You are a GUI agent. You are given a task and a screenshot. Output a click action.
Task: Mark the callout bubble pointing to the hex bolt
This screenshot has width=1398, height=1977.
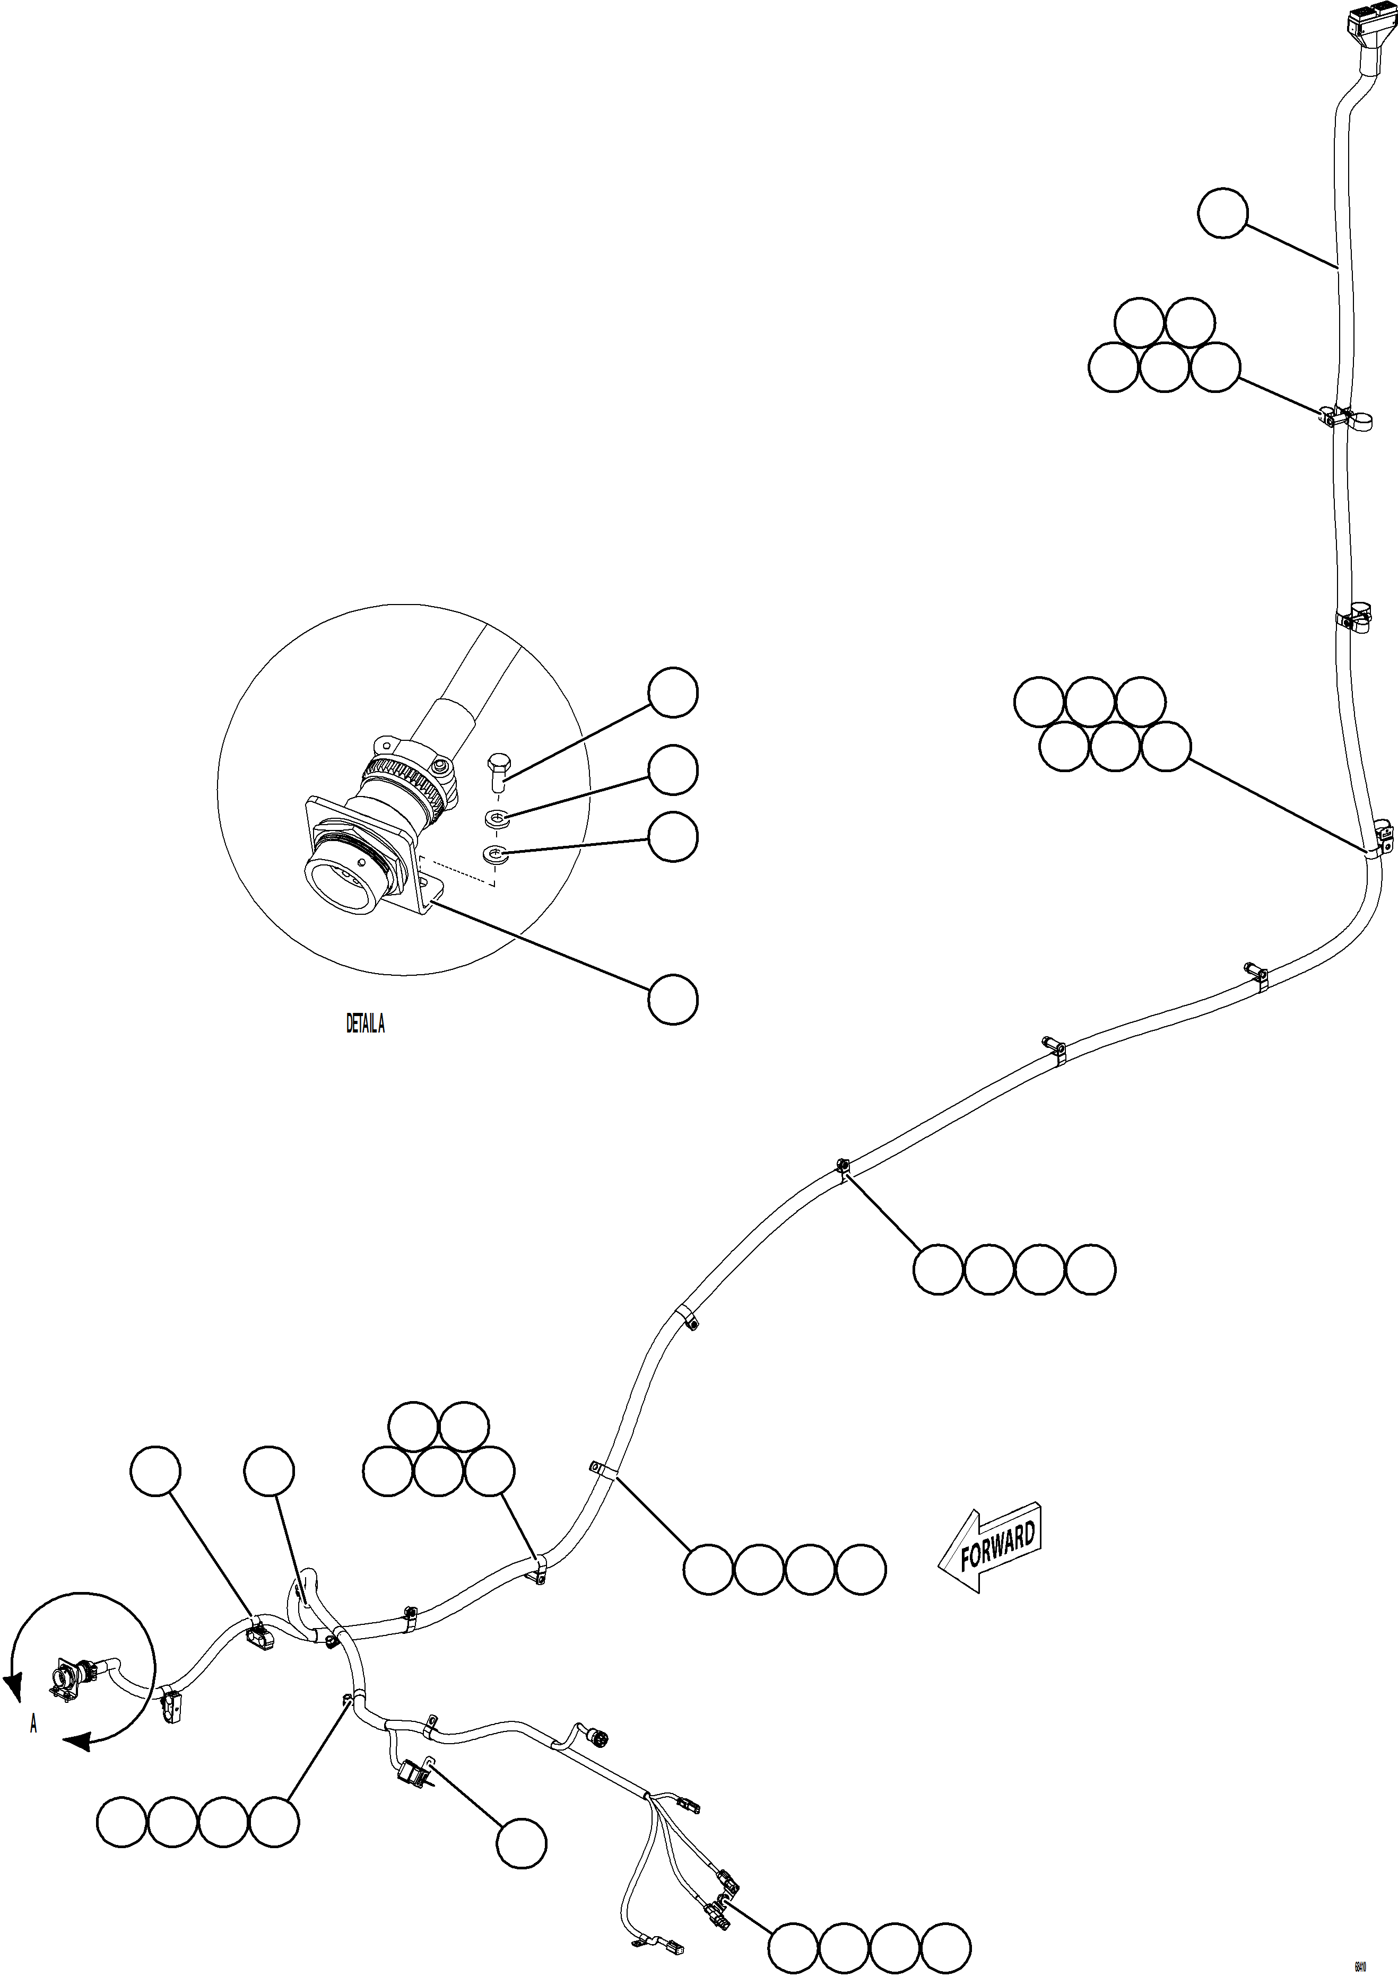[x=673, y=692]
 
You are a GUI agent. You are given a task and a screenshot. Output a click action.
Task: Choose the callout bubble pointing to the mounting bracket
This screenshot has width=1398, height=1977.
[x=673, y=999]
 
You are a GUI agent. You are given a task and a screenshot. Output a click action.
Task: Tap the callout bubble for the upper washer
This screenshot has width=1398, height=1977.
[x=673, y=770]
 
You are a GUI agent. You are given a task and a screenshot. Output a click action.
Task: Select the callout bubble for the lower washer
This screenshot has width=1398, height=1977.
[x=673, y=837]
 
